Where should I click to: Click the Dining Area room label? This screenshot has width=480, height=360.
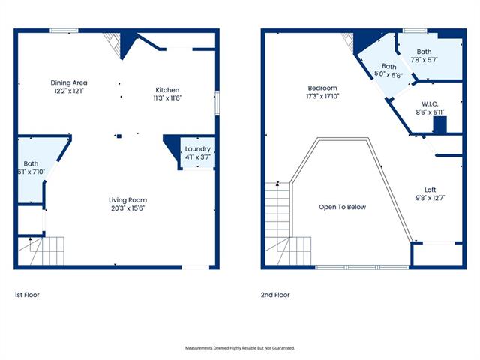[x=69, y=82]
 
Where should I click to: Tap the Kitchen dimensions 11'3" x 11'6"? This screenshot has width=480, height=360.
[x=167, y=98]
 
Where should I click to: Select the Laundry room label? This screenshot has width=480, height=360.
[x=198, y=149]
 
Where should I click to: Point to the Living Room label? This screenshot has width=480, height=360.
[x=128, y=200]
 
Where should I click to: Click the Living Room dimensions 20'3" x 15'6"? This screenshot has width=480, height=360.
[x=128, y=208]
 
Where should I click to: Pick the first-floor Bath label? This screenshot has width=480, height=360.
[x=31, y=163]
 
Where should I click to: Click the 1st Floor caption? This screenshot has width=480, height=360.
[x=27, y=295]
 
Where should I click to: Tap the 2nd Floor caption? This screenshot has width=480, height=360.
[x=275, y=295]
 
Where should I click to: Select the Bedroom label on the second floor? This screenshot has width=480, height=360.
[x=322, y=88]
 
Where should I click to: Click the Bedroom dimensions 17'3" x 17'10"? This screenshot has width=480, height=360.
[x=322, y=96]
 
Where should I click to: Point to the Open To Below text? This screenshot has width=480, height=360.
[x=342, y=207]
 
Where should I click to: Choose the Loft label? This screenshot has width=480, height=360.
[x=430, y=190]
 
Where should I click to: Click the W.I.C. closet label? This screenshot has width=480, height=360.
[x=430, y=104]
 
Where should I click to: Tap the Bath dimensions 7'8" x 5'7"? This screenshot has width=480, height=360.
[x=424, y=60]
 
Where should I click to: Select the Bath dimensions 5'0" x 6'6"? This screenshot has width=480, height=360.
[x=388, y=75]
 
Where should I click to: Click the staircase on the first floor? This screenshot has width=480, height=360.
[x=41, y=250]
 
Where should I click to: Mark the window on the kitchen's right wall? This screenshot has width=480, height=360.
[x=217, y=103]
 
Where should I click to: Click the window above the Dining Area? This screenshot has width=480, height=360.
[x=64, y=31]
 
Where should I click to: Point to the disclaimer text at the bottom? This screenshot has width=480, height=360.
[x=240, y=348]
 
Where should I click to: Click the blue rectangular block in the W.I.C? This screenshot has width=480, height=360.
[x=440, y=125]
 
